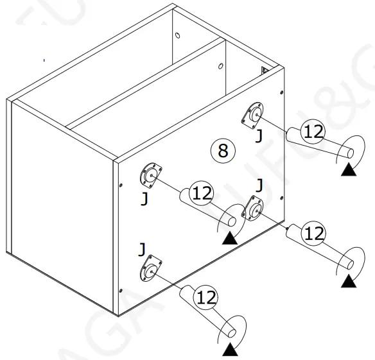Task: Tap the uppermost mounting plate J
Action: (254, 114)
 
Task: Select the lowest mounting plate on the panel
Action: (149, 271)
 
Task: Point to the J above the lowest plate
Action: (142, 248)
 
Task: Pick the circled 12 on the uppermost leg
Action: (313, 132)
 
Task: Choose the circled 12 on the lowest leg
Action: (206, 298)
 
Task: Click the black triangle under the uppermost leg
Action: (349, 169)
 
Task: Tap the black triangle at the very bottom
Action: (229, 350)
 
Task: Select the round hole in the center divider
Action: (220, 65)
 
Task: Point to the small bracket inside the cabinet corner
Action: (263, 71)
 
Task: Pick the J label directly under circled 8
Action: (259, 186)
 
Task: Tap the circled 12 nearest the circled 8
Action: (202, 193)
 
